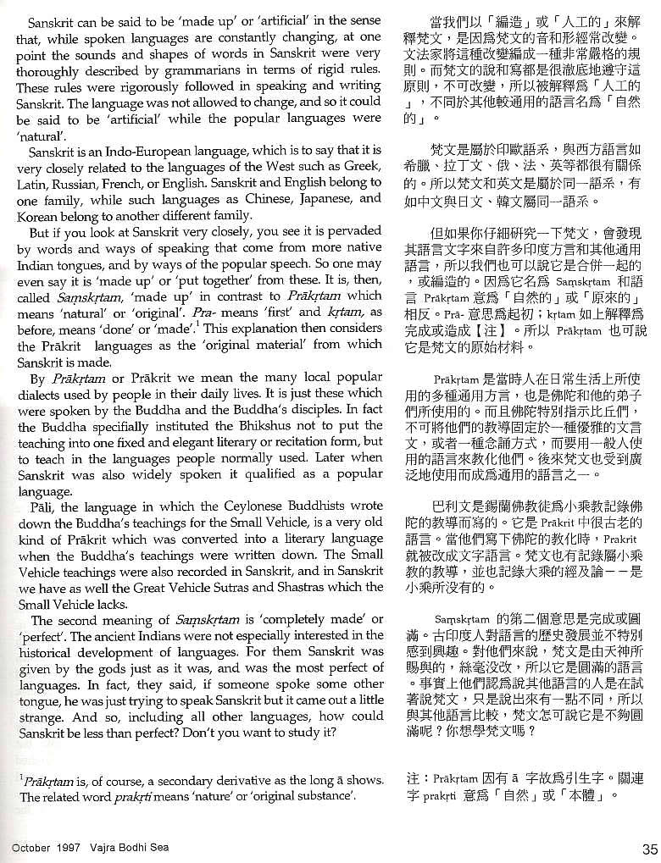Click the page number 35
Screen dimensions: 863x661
(648, 849)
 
